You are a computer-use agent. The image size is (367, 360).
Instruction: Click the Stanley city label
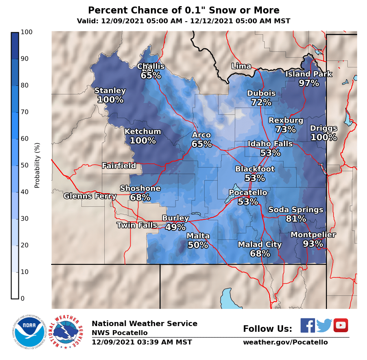coord(110,91)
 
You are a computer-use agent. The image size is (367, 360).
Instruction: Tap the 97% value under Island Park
coord(308,83)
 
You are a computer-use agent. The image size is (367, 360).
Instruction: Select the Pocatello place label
coord(248,192)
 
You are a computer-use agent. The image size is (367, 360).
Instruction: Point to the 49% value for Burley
coord(176,227)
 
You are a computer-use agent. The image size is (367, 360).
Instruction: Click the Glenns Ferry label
coord(90,196)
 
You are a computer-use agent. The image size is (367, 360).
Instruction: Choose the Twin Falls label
coord(137,225)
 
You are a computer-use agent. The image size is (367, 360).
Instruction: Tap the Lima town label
coord(241,66)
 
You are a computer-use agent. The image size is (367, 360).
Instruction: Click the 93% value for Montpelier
coord(313,244)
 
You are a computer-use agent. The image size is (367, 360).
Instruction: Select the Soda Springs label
coord(296,210)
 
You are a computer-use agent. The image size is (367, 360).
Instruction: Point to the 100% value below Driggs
coord(324,137)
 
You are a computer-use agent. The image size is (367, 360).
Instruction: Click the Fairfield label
coord(119,165)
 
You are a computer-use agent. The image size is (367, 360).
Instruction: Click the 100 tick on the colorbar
coord(25,32)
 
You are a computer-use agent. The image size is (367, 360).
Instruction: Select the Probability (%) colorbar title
coord(37,165)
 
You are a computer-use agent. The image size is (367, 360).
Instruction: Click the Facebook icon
coord(308,325)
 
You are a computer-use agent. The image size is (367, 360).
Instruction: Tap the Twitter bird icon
coord(324,326)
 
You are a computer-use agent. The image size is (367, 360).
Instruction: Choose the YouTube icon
coord(341,325)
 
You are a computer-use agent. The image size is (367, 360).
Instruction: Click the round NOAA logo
coord(28,331)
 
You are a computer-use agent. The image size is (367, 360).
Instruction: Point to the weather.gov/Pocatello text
coord(285,342)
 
